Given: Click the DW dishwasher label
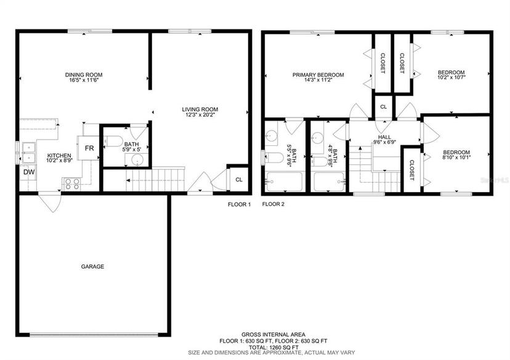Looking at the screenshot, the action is (x=29, y=172).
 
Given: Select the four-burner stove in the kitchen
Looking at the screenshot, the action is (x=72, y=184).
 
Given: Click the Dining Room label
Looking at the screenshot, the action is (x=84, y=74).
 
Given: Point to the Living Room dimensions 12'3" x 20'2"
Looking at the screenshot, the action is (x=200, y=114).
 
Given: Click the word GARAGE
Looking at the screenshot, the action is (x=92, y=266).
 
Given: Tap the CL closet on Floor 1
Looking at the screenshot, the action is (x=239, y=179).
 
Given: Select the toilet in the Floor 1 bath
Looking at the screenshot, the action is (x=113, y=142).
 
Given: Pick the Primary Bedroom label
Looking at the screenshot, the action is (x=318, y=74).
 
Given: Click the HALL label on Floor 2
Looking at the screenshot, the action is (x=385, y=137).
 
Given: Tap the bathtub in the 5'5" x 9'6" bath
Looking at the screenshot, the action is (x=285, y=182).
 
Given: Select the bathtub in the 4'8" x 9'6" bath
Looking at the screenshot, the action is (x=329, y=182).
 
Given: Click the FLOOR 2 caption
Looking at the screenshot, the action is (x=273, y=204).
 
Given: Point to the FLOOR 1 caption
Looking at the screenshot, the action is (x=239, y=204).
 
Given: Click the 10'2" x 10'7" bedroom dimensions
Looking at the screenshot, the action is (x=451, y=78).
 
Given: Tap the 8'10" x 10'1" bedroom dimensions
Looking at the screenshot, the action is (x=456, y=158).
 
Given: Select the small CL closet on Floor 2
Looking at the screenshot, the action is (x=384, y=106).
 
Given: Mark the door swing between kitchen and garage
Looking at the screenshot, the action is (x=50, y=202).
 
